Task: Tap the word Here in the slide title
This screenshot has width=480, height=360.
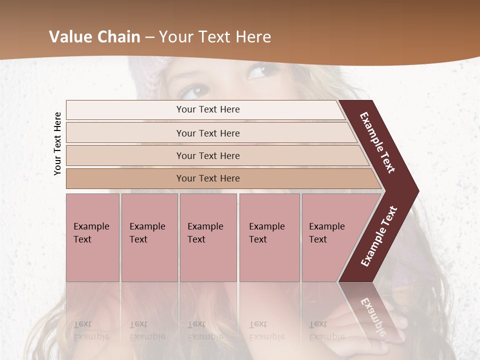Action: point(253,37)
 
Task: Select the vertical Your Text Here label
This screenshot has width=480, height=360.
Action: point(57,143)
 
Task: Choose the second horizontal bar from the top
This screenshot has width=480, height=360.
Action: point(208,133)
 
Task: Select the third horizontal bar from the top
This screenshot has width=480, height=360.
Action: point(208,155)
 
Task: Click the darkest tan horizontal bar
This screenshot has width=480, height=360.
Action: point(208,178)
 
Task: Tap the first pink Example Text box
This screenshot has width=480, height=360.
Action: point(92,237)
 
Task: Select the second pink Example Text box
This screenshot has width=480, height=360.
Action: point(149,237)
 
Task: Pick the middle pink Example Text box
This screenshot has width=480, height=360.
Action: point(208,237)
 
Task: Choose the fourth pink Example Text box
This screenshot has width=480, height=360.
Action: point(269,237)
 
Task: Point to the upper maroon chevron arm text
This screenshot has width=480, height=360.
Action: point(378,142)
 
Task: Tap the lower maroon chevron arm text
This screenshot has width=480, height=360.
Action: point(379,236)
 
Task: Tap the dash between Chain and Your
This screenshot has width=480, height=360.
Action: point(149,37)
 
